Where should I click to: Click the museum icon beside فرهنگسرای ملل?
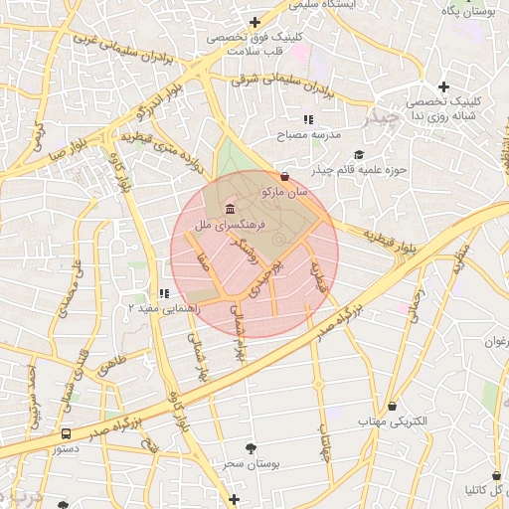[231, 209]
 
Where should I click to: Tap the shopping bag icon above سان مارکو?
[285, 176]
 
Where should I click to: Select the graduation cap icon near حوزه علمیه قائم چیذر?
[359, 154]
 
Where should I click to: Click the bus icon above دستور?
[66, 433]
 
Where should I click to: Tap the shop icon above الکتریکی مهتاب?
[393, 406]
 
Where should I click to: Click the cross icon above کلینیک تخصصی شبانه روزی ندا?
[443, 86]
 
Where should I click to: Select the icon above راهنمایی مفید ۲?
[164, 293]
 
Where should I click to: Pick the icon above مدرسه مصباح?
[308, 119]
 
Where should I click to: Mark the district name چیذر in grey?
[383, 117]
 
